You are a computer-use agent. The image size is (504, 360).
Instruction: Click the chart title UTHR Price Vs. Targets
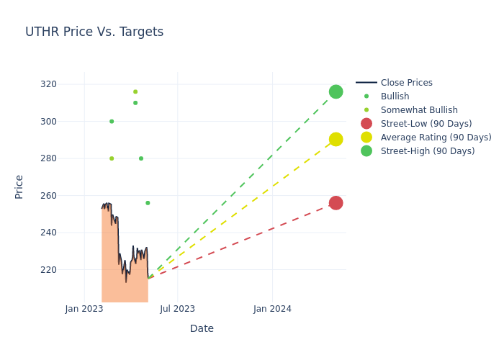(x=94, y=32)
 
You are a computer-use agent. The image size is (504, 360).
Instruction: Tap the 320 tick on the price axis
(x=68, y=84)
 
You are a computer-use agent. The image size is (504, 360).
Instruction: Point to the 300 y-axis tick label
(x=68, y=121)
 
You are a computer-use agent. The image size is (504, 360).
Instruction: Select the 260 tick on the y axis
(x=68, y=195)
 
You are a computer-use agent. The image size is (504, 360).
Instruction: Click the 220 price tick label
(x=68, y=269)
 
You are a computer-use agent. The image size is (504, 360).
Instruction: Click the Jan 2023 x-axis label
(x=84, y=309)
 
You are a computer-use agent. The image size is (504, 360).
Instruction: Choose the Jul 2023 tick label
(x=177, y=309)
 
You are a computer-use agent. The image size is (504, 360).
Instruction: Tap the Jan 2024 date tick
(x=273, y=309)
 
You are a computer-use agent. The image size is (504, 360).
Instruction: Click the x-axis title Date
(x=202, y=328)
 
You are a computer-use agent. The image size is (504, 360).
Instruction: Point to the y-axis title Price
(x=19, y=186)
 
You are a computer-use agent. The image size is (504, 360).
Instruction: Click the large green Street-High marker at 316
(x=336, y=91)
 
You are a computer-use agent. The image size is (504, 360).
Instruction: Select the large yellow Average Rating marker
(x=336, y=139)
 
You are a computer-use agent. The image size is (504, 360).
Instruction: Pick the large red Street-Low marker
(x=336, y=203)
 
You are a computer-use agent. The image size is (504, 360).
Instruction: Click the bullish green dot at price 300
(x=112, y=121)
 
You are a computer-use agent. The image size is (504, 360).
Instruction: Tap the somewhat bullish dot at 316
(x=135, y=91)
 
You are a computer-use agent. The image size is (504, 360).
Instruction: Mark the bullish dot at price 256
(x=148, y=203)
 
